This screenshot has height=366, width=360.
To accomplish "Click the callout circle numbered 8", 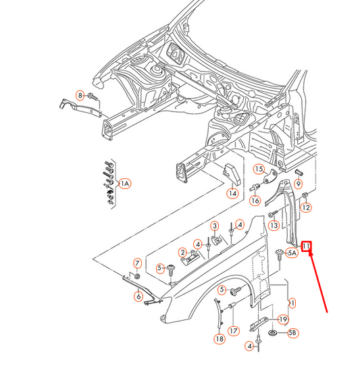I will (80, 96).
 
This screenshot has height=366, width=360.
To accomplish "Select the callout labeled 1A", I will (124, 183).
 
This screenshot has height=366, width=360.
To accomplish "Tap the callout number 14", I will (232, 194).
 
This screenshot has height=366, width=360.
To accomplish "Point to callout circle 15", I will (259, 169).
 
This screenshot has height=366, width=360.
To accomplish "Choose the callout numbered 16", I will (255, 201).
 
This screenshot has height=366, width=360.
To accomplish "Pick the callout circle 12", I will (305, 207).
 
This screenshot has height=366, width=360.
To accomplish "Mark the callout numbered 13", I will (274, 225).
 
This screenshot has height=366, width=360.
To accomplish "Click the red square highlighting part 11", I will (306, 246).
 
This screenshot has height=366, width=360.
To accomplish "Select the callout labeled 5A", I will (292, 253).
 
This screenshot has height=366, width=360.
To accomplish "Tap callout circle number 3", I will (215, 226).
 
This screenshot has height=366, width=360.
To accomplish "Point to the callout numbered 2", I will (182, 253).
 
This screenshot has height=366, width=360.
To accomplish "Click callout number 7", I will (137, 263).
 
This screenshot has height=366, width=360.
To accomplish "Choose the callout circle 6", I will (138, 296).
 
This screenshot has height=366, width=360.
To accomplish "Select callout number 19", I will (284, 319).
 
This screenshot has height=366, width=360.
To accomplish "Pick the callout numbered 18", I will (220, 338).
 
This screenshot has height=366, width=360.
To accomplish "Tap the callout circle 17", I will (233, 331).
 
